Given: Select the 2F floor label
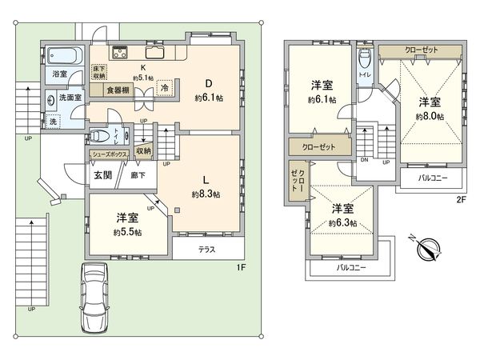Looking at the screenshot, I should (x=461, y=200).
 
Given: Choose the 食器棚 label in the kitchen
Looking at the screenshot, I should (x=110, y=90).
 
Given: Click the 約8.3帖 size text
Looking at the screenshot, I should (x=206, y=194).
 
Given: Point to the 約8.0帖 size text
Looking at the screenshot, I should (x=429, y=116).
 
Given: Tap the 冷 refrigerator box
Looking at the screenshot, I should (x=164, y=89).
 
